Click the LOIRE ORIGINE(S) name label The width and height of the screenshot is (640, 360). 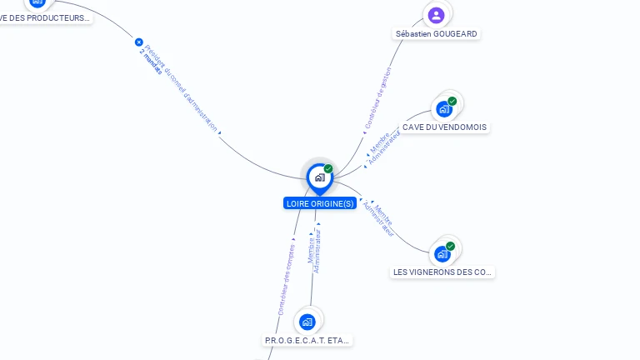pos(320,203)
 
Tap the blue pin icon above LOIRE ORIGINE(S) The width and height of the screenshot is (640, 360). pos(319,177)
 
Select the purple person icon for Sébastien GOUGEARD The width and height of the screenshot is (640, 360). pos(436,15)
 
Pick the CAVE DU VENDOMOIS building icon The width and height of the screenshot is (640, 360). pos(444,108)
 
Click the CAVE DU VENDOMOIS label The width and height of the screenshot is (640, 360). pos(444,127)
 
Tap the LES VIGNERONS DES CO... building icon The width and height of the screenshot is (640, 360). pos(442,253)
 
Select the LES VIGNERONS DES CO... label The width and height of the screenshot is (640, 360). pos(443,272)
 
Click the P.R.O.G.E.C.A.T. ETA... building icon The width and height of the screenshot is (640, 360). pos(307,322)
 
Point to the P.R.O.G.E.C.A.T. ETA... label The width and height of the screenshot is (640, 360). pos(308,341)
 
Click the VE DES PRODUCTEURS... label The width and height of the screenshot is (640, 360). pos(46,17)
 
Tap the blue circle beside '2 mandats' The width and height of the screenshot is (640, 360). pos(139,42)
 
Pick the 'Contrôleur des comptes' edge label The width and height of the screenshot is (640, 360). pos(286,278)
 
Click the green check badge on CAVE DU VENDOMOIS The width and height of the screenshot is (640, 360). pos(452,102)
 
